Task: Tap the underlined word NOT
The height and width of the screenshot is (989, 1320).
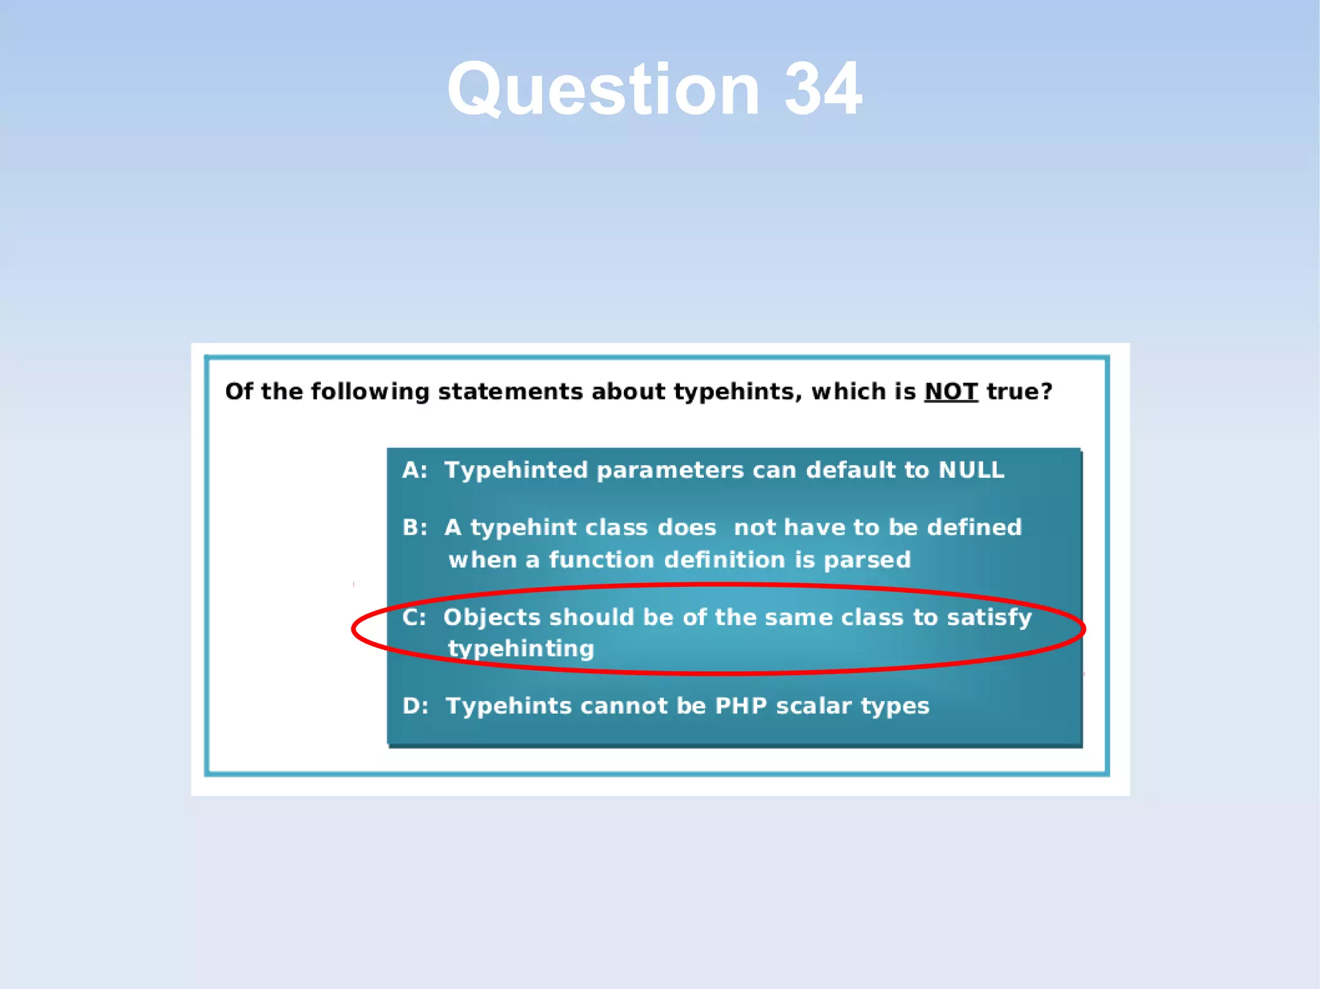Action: point(951,391)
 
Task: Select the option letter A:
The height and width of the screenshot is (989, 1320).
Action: point(414,470)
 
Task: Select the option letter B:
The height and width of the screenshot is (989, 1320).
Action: point(414,528)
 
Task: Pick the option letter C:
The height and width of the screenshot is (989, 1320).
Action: point(414,617)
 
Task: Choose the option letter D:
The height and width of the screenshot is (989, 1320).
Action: point(415,706)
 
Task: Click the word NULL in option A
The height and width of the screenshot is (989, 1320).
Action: point(971,470)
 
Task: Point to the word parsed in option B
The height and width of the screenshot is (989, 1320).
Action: point(867,559)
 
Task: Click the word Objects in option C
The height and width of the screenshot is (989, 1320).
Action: point(492,617)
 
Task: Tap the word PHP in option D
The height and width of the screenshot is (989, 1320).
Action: point(741,706)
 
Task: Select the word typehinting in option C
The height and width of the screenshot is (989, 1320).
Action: point(521,649)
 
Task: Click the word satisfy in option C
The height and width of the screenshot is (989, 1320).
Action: point(989,617)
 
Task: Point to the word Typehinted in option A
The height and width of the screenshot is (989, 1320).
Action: point(516,470)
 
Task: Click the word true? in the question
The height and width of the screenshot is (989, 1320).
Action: point(1019,391)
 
